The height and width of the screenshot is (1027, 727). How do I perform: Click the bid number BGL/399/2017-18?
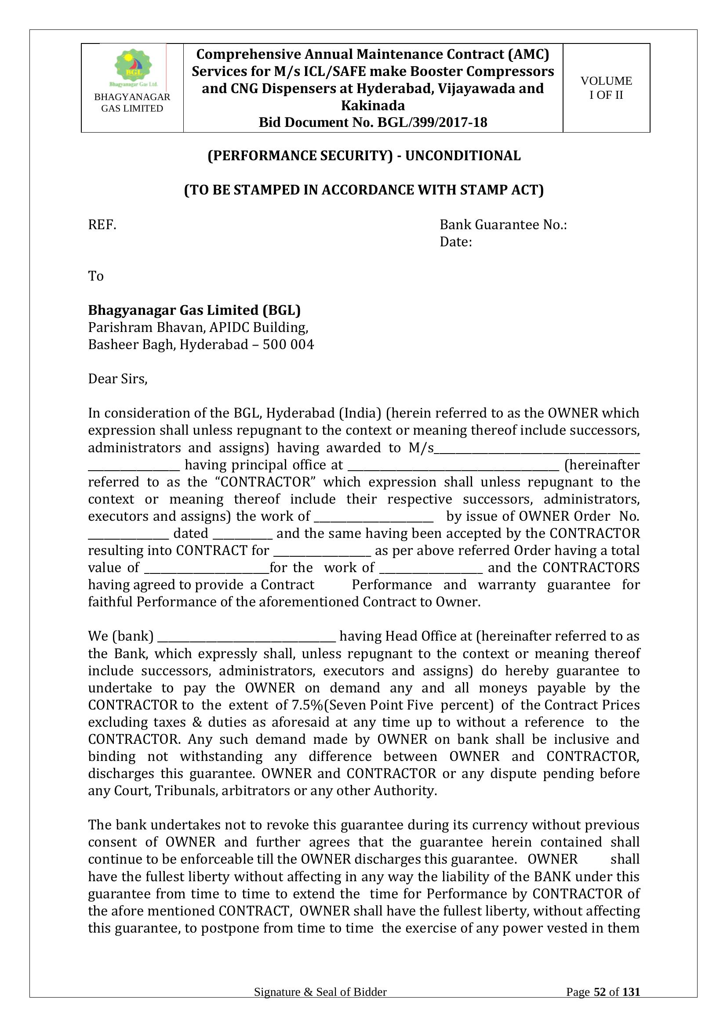click(x=432, y=123)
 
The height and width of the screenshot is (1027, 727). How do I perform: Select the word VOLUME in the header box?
click(x=606, y=81)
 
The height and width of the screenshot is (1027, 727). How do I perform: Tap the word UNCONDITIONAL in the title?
click(x=463, y=156)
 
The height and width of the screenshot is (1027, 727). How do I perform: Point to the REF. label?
click(x=102, y=224)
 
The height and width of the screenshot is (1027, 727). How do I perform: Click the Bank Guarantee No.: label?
click(x=503, y=224)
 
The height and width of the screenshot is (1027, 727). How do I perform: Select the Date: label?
click(x=456, y=242)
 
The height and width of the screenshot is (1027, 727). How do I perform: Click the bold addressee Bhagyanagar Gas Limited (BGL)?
click(x=194, y=310)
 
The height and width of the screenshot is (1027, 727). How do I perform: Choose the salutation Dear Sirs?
click(x=118, y=379)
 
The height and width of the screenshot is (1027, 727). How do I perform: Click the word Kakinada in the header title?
click(x=373, y=105)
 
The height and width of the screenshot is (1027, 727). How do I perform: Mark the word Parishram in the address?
click(x=120, y=328)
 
